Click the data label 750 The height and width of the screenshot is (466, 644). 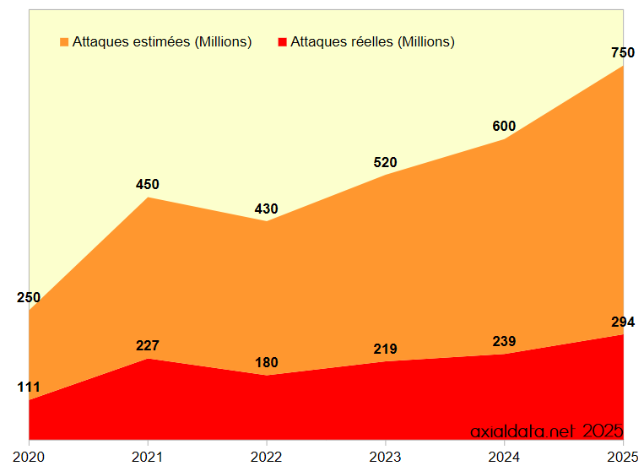tap(623, 53)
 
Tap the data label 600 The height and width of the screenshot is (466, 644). tap(504, 127)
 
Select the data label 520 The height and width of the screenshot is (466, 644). tap(385, 163)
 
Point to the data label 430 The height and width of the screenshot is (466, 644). tap(267, 209)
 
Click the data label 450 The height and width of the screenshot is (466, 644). tap(148, 185)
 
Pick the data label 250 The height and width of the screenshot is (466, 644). tap(29, 297)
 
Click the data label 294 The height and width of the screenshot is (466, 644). tap(623, 322)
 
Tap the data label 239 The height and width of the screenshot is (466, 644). tap(504, 341)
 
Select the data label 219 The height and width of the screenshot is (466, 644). tap(385, 349)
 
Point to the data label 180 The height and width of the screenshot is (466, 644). tap(267, 363)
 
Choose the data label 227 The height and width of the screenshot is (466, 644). tap(148, 345)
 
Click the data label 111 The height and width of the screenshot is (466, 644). tap(29, 387)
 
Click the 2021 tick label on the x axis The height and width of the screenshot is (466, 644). tap(148, 456)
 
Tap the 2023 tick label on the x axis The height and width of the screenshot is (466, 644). tap(385, 456)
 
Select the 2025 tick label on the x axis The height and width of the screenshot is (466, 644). tap(623, 456)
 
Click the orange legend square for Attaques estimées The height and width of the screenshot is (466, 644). tap(64, 42)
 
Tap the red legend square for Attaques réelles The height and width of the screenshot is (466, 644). tap(283, 42)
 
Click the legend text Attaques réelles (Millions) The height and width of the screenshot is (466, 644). tap(372, 42)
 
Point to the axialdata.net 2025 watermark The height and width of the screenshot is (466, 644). tap(546, 431)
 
